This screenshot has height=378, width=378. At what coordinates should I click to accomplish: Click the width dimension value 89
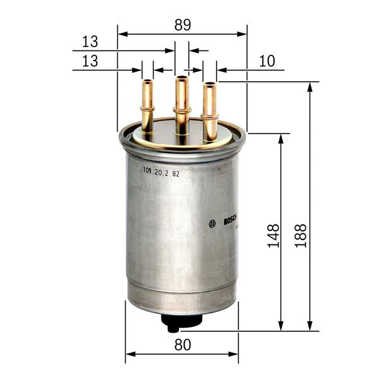(182, 25)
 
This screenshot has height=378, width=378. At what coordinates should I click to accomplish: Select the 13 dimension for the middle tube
(90, 42)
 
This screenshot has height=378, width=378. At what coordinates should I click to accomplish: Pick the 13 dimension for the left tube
(90, 61)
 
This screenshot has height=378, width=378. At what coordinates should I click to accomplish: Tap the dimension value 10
(267, 61)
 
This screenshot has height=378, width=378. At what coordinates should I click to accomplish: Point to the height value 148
(273, 234)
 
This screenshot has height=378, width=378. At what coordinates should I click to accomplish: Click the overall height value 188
(301, 234)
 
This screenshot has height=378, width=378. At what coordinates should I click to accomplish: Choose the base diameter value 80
(182, 345)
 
